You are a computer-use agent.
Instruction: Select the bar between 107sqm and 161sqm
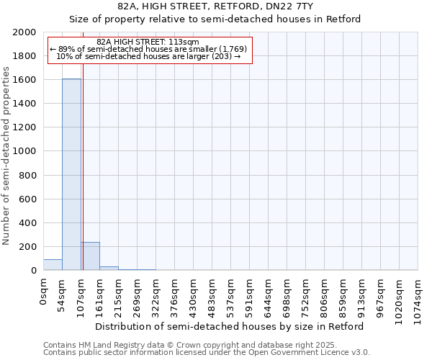pyautogui.click(x=90, y=256)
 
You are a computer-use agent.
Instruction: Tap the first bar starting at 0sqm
pyautogui.click(x=53, y=264)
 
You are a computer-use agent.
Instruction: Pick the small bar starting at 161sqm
pyautogui.click(x=109, y=268)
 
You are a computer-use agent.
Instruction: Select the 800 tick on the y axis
pyautogui.click(x=28, y=175)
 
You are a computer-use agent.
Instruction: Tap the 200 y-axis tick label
pyautogui.click(x=28, y=246)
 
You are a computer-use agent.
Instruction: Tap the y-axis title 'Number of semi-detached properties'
pyautogui.click(x=6, y=156)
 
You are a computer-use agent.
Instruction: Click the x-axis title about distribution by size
pyautogui.click(x=230, y=326)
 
